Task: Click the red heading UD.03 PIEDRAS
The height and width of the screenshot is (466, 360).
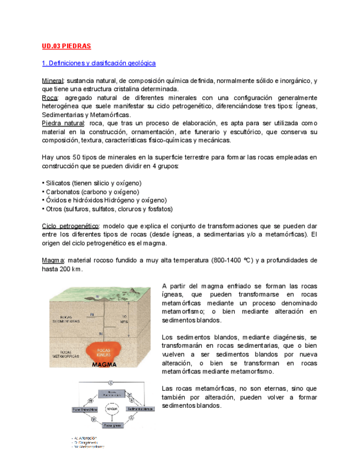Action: pos(66,46)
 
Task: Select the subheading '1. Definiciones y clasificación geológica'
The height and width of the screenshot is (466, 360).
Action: pos(98,63)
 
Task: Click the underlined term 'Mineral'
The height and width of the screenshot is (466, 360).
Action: pos(53,81)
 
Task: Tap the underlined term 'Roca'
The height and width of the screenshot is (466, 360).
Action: pos(50,98)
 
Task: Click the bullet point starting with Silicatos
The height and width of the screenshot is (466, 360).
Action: pos(91,183)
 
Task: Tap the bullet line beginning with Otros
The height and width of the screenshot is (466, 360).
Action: pos(107,209)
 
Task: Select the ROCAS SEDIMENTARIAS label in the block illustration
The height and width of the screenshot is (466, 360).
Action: pos(70,319)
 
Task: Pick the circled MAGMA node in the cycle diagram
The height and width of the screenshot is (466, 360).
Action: pos(112,409)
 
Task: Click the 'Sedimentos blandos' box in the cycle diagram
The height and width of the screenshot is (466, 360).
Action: pos(140,409)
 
